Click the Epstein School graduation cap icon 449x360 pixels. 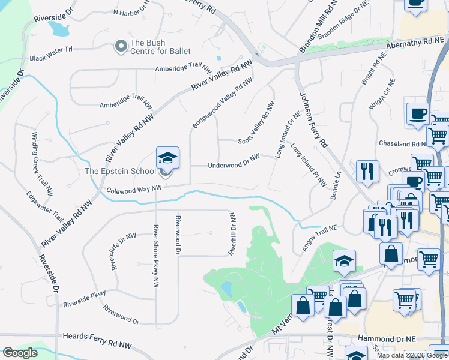tap(167, 158)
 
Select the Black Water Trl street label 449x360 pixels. tap(50, 58)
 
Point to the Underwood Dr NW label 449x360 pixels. tap(234, 162)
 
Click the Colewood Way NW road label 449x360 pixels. tap(134, 190)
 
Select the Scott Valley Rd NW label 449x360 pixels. tap(256, 122)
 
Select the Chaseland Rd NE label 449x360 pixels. tap(402, 144)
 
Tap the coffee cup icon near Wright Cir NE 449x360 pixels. tap(418, 113)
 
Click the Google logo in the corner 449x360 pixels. tap(20, 353)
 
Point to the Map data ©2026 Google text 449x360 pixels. tap(411, 355)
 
